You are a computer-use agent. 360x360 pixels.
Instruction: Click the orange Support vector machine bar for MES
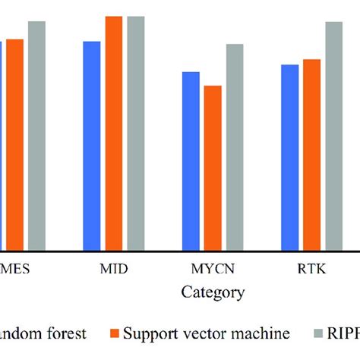[14, 144]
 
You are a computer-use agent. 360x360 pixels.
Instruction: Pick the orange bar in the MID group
[114, 133]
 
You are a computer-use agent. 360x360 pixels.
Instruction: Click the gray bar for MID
[136, 133]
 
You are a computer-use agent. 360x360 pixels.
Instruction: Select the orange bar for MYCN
[213, 168]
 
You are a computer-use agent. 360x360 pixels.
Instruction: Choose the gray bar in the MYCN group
[235, 147]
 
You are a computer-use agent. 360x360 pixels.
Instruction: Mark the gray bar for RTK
[334, 136]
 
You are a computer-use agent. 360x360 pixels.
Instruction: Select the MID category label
[114, 270]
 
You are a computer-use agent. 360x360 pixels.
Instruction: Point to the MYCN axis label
[213, 270]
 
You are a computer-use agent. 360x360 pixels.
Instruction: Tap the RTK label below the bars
[311, 270]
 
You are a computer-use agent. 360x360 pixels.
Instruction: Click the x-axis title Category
[213, 292]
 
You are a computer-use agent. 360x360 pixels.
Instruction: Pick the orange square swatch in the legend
[115, 333]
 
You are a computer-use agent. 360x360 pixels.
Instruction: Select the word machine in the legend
[266, 333]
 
